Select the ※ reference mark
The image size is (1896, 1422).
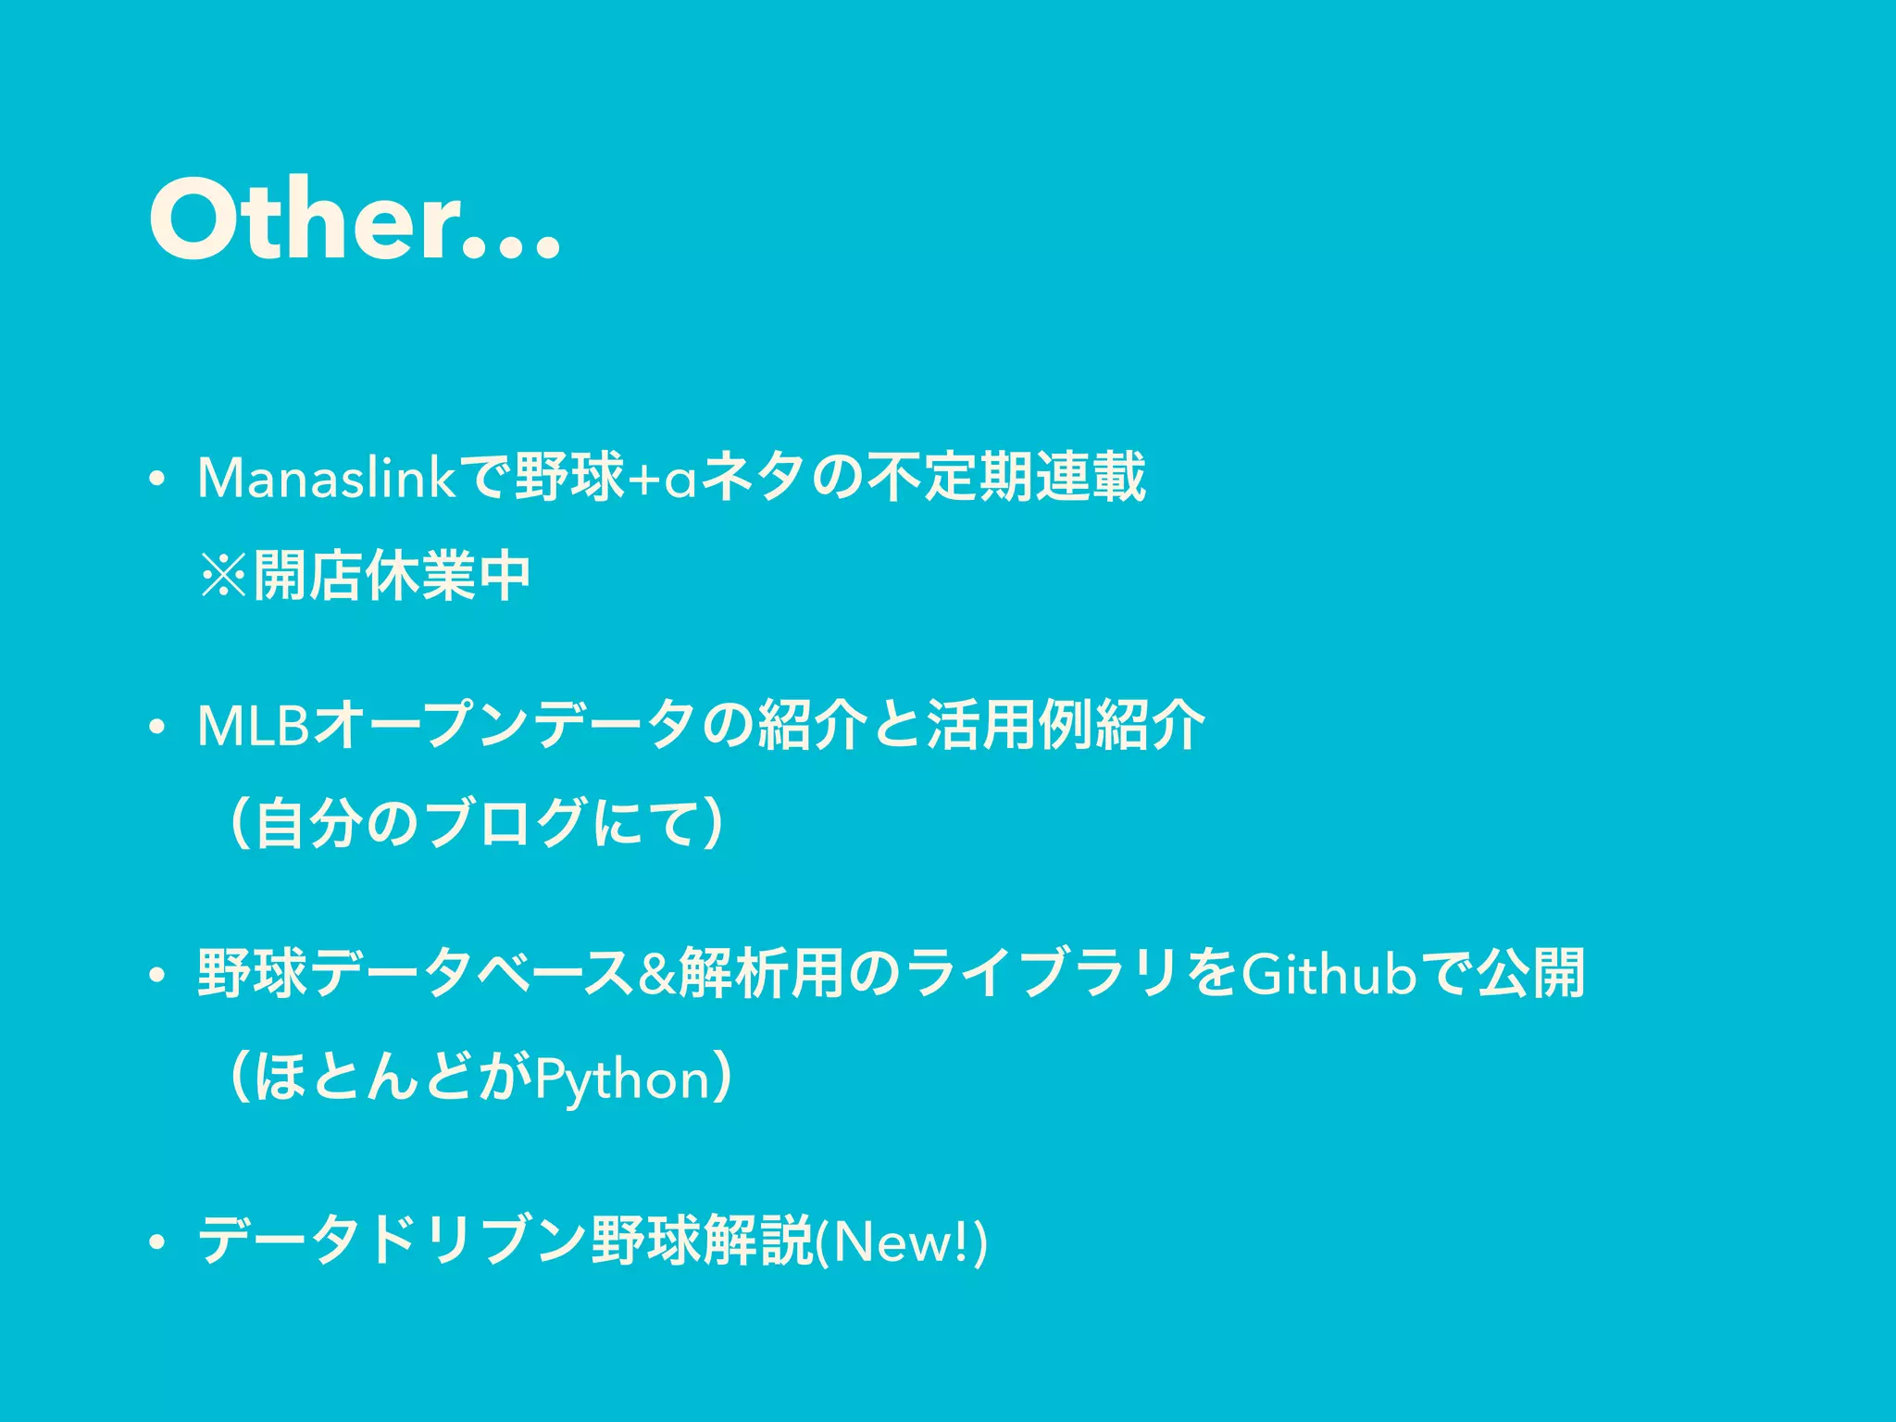tap(224, 576)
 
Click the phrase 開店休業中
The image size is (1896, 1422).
tap(392, 576)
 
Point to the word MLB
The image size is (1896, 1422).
tap(252, 726)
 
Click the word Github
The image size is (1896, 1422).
tap(1328, 974)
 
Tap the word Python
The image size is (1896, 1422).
tap(622, 1079)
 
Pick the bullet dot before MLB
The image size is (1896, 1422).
tap(157, 729)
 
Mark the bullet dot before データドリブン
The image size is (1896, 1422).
tap(157, 1243)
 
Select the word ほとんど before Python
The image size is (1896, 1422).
tap(368, 1078)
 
